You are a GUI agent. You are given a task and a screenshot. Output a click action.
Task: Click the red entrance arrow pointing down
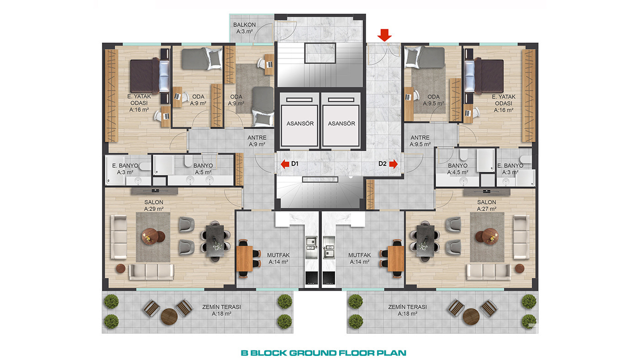tap(384, 35)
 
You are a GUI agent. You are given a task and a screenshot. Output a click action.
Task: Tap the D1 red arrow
tap(285, 164)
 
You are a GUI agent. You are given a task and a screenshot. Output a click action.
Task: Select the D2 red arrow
tap(394, 164)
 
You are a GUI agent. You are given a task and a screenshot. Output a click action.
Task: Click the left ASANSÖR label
tap(300, 124)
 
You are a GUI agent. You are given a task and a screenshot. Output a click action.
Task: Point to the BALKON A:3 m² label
tap(244, 28)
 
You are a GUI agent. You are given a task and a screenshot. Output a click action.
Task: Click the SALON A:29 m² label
tap(154, 206)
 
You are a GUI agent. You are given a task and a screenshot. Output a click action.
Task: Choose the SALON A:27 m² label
tap(486, 206)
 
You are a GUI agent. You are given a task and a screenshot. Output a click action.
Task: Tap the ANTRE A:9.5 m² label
tap(420, 141)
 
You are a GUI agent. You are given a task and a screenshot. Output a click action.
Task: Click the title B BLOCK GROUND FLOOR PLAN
tap(324, 353)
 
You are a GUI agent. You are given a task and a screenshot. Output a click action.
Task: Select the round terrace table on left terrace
tap(169, 317)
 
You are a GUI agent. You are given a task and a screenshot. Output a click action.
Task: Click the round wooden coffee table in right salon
tap(490, 236)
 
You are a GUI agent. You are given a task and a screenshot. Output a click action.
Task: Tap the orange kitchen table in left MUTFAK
tap(245, 259)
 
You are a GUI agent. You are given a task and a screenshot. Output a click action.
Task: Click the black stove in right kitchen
tap(329, 278)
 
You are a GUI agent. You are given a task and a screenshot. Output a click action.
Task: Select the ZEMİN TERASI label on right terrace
tap(407, 307)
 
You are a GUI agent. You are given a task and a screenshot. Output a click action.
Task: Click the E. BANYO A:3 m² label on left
tap(125, 169)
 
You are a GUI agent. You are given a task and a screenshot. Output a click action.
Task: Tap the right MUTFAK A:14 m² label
tap(359, 259)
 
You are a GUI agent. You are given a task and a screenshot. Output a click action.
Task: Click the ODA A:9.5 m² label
tap(433, 100)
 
